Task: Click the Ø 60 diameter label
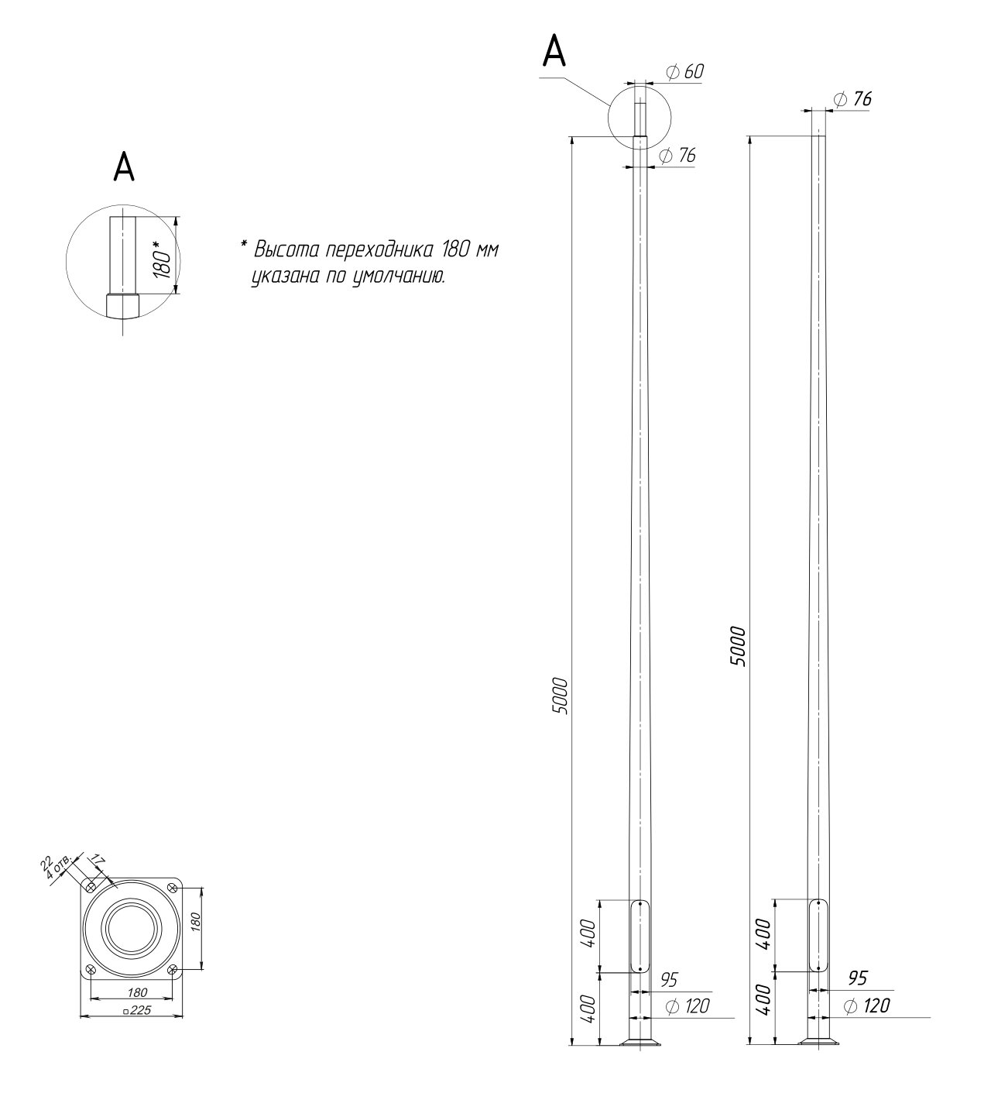click(x=685, y=71)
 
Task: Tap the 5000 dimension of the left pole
click(x=560, y=696)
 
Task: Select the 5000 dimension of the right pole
click(x=737, y=647)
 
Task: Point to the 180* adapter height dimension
click(x=163, y=261)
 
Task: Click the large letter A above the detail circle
click(x=124, y=167)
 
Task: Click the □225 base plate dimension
click(x=137, y=1010)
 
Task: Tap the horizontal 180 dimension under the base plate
click(x=137, y=992)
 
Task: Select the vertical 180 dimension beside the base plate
click(x=196, y=922)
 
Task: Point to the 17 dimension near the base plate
click(x=98, y=859)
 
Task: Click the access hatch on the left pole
click(x=640, y=936)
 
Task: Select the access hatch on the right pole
click(x=818, y=936)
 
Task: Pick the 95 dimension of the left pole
click(x=668, y=980)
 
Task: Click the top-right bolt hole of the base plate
click(x=173, y=888)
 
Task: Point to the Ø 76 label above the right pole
click(x=852, y=99)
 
